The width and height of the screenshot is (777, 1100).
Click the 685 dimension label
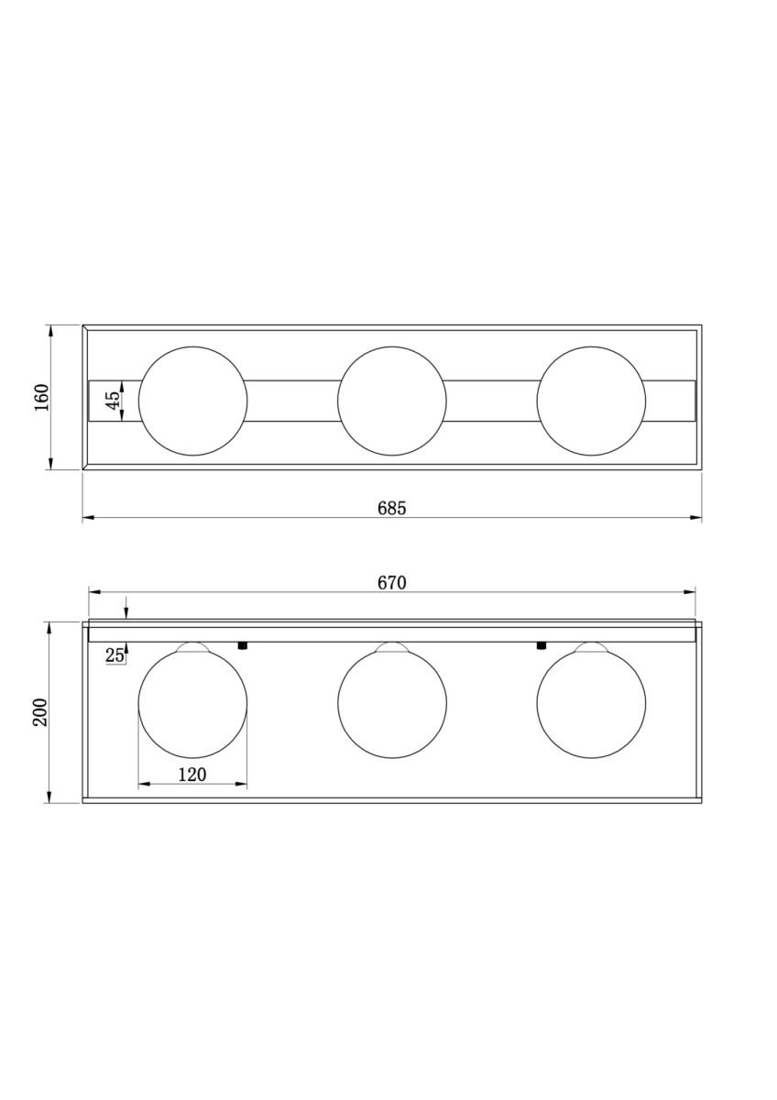[391, 508]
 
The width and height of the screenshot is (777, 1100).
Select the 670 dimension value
[391, 583]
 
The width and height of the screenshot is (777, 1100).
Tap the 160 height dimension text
[42, 397]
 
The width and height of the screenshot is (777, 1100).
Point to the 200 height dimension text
[40, 712]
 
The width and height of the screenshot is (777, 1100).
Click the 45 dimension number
[113, 401]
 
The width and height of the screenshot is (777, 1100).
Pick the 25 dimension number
[115, 654]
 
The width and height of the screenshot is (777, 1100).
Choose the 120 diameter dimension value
[192, 775]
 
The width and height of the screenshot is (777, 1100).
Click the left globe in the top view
[193, 401]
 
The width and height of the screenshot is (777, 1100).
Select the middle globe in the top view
[391, 401]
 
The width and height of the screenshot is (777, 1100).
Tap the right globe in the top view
[591, 401]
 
